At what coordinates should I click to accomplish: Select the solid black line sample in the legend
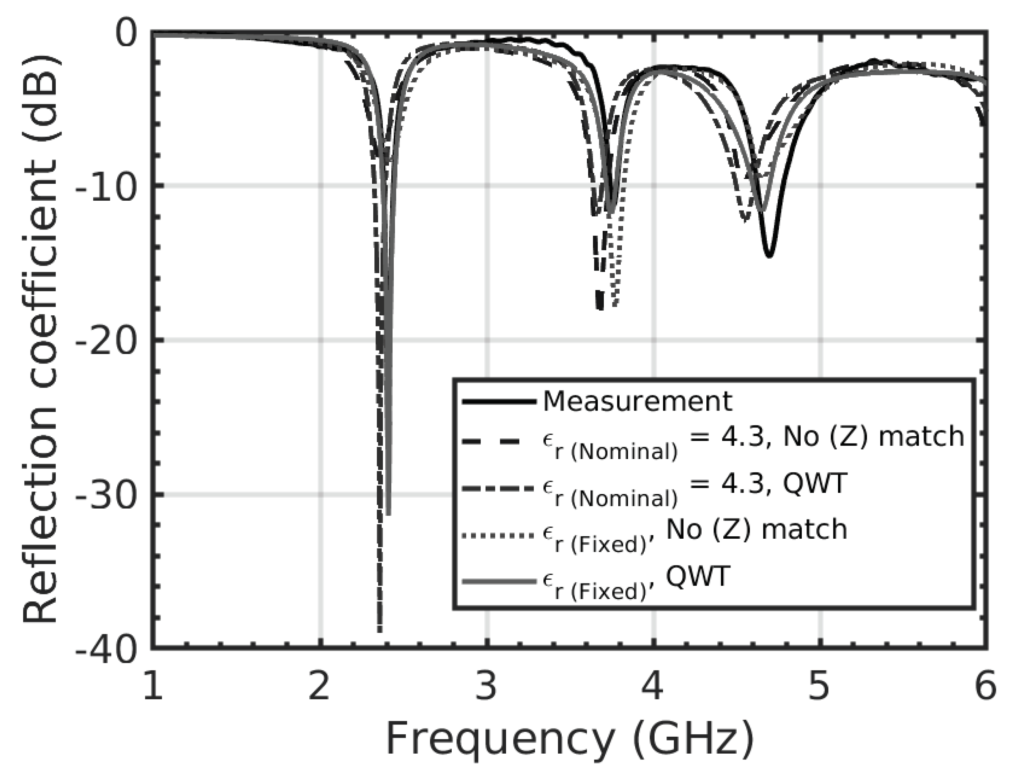tap(499, 402)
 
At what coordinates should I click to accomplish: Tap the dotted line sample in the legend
tap(499, 536)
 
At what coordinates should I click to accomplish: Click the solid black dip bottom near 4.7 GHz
tap(769, 255)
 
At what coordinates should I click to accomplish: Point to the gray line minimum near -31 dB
tap(389, 513)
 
